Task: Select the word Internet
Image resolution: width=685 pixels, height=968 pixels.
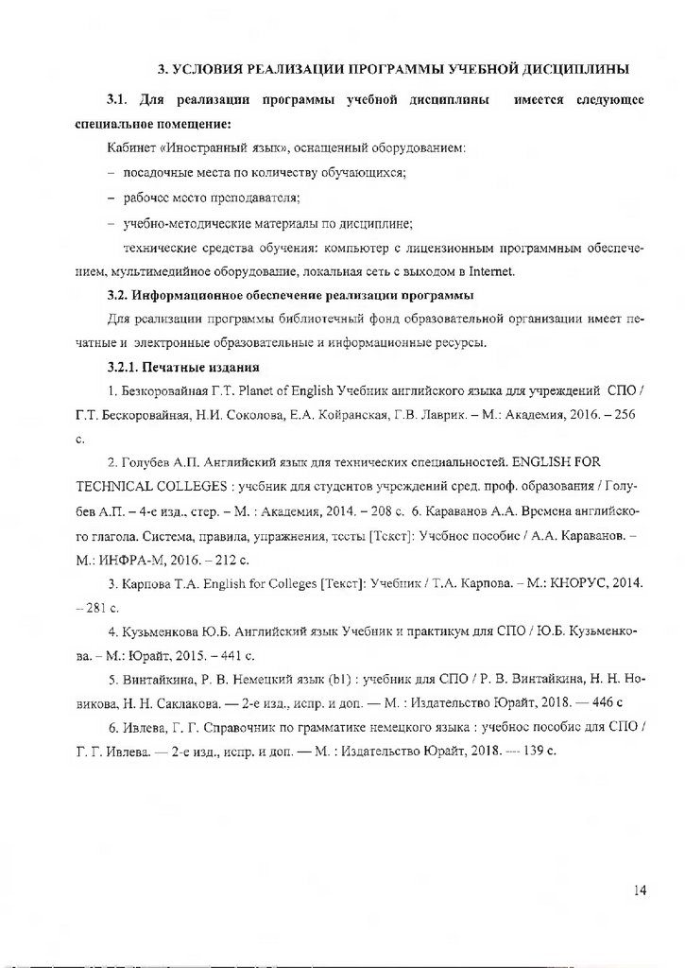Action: (x=490, y=272)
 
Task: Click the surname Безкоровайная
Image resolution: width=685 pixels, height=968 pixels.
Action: (x=163, y=390)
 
